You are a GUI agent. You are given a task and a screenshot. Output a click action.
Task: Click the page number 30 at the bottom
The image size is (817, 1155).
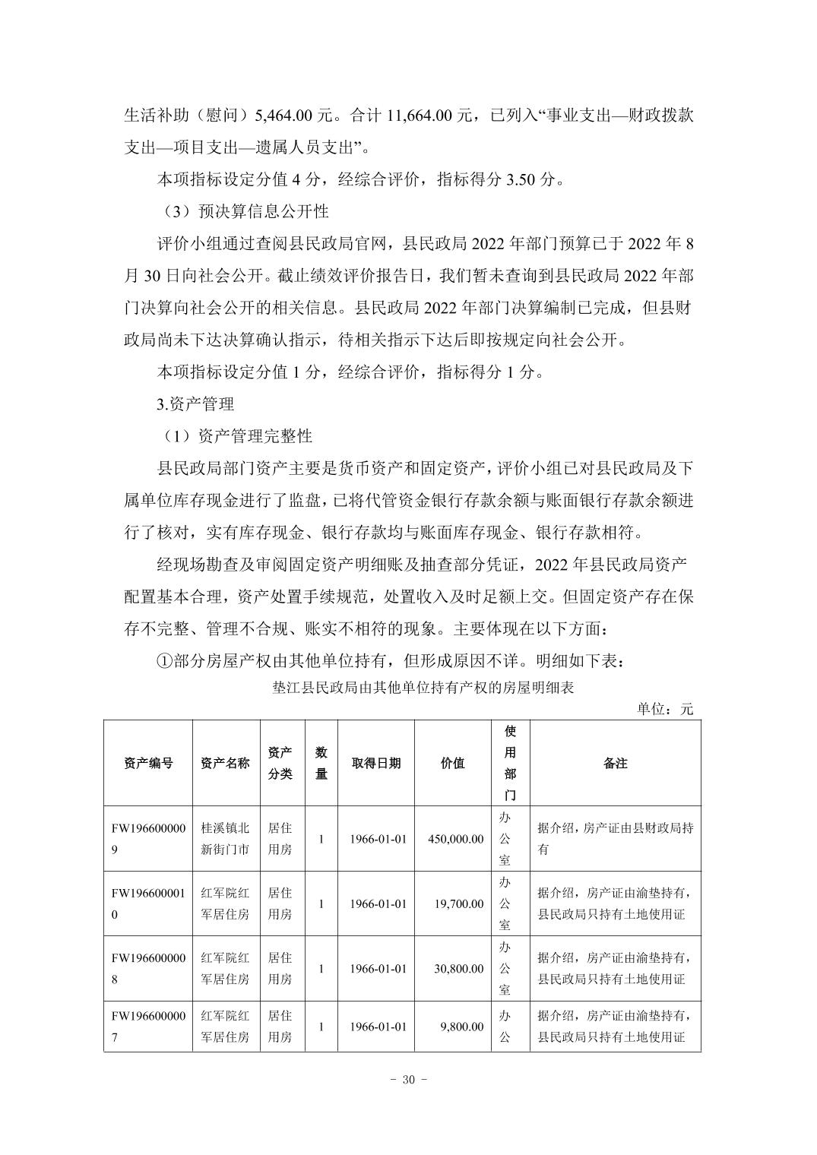(x=408, y=1080)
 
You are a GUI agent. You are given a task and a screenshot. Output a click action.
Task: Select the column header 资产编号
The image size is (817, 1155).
(x=148, y=764)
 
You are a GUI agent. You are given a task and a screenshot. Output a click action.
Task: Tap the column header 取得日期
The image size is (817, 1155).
(x=376, y=764)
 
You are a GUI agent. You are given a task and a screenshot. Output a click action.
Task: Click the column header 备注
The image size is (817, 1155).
(x=615, y=764)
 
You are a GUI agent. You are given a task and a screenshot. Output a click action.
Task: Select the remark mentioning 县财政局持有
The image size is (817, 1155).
(x=614, y=839)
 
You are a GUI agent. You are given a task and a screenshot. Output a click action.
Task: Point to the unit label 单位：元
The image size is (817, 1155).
(x=665, y=709)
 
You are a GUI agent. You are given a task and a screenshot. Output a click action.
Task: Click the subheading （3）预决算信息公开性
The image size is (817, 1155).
(x=242, y=210)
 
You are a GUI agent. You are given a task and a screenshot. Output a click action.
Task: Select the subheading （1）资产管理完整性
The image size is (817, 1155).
(x=234, y=437)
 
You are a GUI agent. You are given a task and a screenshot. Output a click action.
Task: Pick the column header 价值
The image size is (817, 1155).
(x=452, y=764)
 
